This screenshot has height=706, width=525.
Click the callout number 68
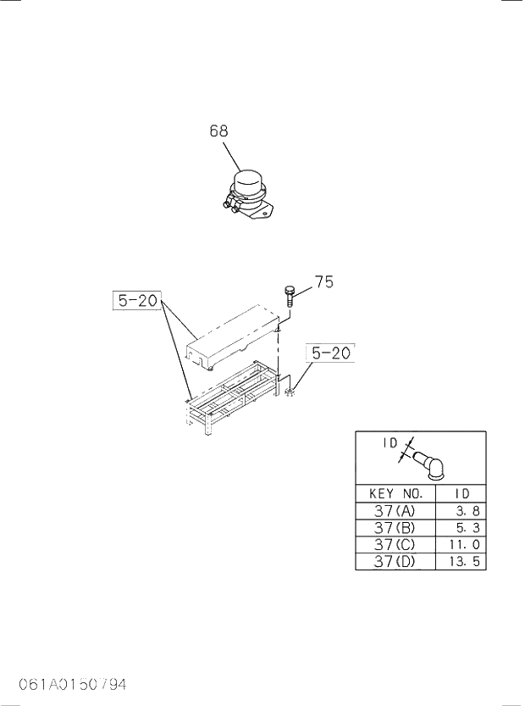point(218,131)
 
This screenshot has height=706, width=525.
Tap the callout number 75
point(323,284)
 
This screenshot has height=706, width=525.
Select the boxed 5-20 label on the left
point(136,301)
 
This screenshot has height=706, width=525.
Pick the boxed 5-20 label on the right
point(331,353)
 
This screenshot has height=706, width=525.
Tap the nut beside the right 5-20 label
point(290,392)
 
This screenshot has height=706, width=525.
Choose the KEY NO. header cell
point(395,493)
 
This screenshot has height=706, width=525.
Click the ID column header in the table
point(461,493)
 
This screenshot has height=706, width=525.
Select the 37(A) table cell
point(395,511)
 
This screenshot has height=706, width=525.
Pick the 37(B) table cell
point(395,528)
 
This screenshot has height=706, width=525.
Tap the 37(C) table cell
point(395,545)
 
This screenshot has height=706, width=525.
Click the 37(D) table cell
point(395,562)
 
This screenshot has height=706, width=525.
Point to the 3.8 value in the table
point(468,511)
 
